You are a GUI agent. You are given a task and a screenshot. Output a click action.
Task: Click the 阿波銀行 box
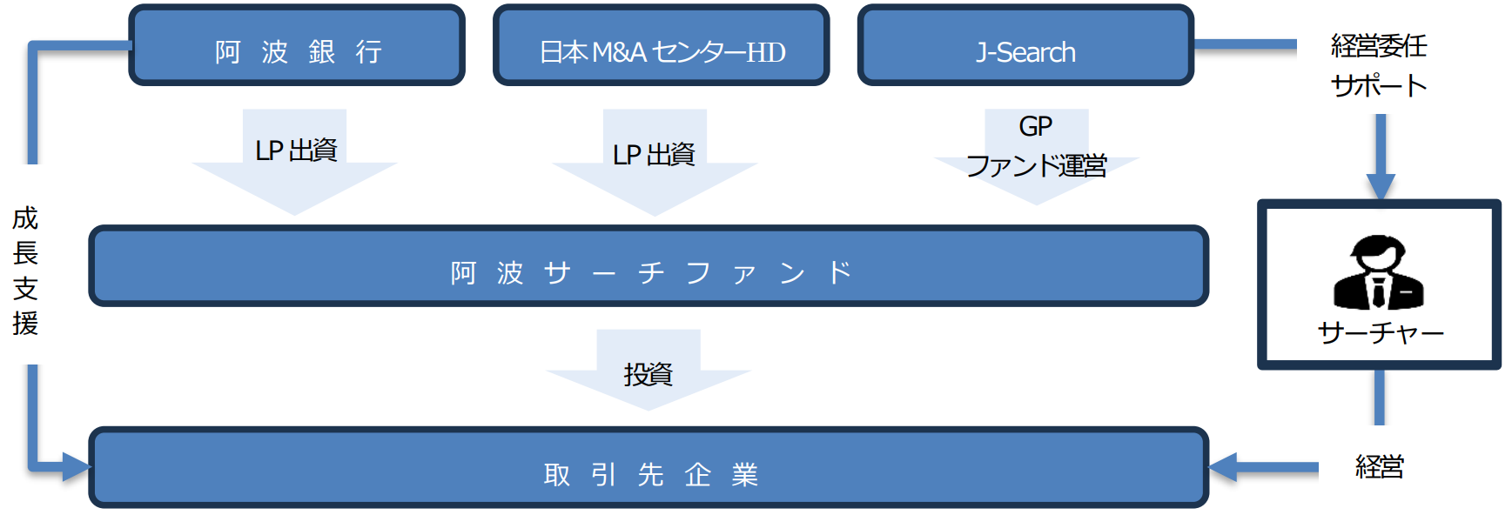(x=297, y=46)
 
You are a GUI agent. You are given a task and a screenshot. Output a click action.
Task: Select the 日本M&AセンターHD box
(x=661, y=46)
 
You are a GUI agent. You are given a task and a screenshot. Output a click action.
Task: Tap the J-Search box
(x=1025, y=46)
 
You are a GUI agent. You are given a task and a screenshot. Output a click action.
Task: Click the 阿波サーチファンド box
(x=648, y=266)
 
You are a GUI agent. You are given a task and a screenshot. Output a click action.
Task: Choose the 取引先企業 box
(x=648, y=467)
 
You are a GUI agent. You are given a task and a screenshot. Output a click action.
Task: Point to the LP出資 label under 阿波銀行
(x=296, y=150)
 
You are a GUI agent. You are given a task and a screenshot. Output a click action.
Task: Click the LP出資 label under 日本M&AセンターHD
(x=654, y=155)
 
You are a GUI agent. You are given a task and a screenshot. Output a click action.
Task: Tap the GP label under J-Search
(x=1036, y=127)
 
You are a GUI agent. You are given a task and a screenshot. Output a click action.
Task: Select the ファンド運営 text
(x=1036, y=165)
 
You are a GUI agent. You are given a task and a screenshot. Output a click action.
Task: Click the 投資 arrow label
(x=648, y=374)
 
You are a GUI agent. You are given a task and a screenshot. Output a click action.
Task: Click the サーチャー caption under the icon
(x=1380, y=332)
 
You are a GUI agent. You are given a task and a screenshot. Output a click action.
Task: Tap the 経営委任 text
(x=1379, y=46)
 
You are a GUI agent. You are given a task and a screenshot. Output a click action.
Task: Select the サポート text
(x=1379, y=85)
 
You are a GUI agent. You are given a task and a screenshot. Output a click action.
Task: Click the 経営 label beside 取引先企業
(x=1380, y=467)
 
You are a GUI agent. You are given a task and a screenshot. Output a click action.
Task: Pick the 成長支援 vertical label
(x=25, y=270)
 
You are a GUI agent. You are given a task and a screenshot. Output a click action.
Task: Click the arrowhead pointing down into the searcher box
(x=1380, y=186)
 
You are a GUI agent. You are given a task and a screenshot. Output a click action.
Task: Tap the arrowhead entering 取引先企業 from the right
(x=1223, y=467)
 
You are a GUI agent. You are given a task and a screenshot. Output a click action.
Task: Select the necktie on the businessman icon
(x=1379, y=291)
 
